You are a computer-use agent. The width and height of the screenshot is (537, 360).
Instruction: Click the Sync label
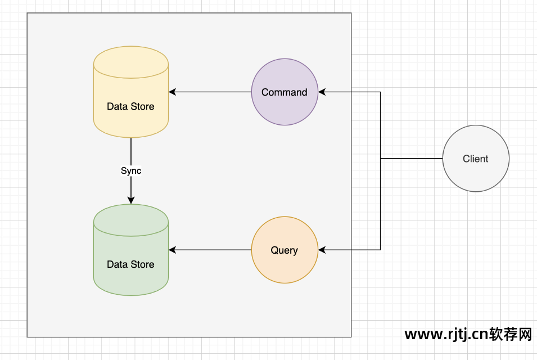click(x=131, y=170)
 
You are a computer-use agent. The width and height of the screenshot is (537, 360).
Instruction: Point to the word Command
click(x=285, y=92)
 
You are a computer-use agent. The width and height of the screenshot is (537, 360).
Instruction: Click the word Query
click(x=285, y=250)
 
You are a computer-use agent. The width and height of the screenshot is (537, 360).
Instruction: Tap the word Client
click(x=476, y=159)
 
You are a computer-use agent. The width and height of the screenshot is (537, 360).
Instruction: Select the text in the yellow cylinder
click(x=130, y=106)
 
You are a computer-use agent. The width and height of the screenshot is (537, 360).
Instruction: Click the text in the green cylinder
click(x=130, y=264)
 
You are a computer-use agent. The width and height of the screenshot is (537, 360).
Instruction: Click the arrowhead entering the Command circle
click(x=322, y=92)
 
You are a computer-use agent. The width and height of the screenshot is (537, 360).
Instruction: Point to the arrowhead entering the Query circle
click(x=322, y=250)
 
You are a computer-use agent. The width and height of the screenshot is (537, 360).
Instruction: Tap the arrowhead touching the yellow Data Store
click(x=173, y=92)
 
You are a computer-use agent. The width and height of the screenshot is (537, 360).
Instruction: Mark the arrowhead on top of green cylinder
click(x=131, y=200)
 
